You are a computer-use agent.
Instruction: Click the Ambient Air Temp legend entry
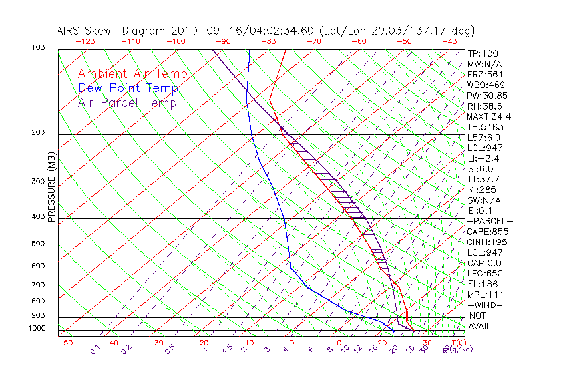(132, 74)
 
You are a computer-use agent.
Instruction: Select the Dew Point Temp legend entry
(128, 88)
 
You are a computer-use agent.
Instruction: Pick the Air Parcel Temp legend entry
(127, 102)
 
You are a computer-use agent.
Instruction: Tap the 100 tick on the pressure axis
(38, 48)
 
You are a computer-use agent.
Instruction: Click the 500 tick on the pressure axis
(38, 244)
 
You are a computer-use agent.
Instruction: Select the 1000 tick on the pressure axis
(37, 328)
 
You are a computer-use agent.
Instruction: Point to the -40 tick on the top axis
(449, 41)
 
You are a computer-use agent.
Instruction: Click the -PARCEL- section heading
(490, 221)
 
